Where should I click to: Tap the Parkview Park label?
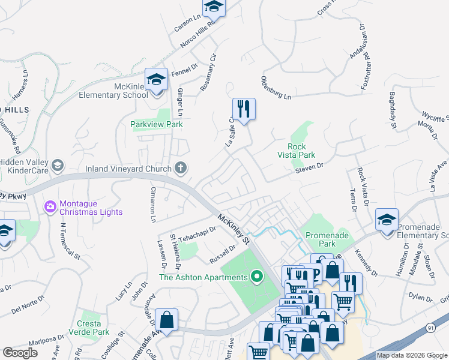pyautogui.click(x=157, y=124)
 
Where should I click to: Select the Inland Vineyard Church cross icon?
pyautogui.click(x=180, y=168)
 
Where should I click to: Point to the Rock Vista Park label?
pyautogui.click(x=297, y=151)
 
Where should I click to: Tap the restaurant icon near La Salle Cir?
pyautogui.click(x=244, y=109)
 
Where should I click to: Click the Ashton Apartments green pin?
pyautogui.click(x=257, y=277)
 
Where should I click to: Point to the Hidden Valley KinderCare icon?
pyautogui.click(x=58, y=165)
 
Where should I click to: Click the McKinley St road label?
pyautogui.click(x=234, y=229)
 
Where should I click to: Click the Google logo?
pyautogui.click(x=20, y=353)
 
